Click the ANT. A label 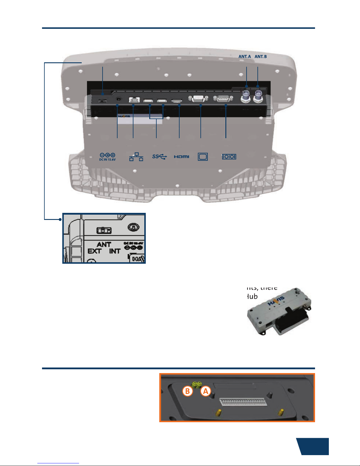pos(245,56)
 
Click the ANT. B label pos(261,56)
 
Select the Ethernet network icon pos(136,157)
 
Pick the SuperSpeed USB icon pos(160,157)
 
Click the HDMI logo pos(182,157)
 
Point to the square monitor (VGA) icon pos(203,157)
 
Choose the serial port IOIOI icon pos(229,157)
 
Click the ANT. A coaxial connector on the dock pos(246,96)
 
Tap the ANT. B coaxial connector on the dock pos(258,96)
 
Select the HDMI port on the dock pos(177,101)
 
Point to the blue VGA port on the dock pos(199,99)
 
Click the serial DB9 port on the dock pos(224,99)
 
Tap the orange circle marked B pos(187,391)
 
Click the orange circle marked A pos(206,391)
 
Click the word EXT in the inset pos(94,251)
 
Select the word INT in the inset pos(115,251)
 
